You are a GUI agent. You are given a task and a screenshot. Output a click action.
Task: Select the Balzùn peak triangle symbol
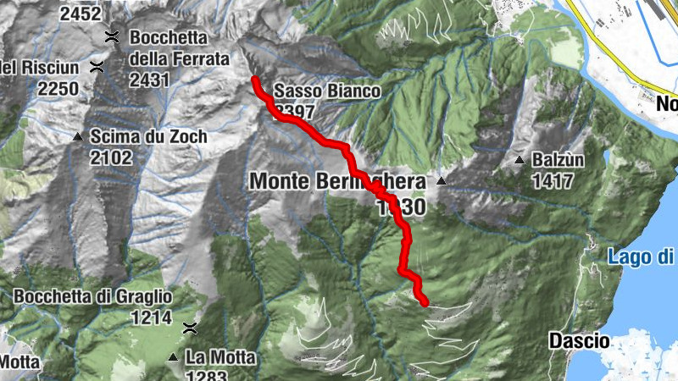tap(520, 159)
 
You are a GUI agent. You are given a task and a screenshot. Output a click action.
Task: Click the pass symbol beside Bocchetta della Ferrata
tap(110, 36)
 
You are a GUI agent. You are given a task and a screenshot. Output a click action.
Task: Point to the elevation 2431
tap(151, 80)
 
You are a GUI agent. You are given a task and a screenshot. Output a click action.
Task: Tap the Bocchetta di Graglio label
tap(93, 297)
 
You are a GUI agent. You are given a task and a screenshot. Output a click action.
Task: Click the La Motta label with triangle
tap(220, 358)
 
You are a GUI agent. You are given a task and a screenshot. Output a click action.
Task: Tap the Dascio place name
tap(579, 341)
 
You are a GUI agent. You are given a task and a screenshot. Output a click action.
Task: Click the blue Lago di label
tap(642, 257)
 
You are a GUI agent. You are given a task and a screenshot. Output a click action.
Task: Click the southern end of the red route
tap(424, 301)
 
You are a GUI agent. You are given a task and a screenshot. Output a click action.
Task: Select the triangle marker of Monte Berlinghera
tap(441, 181)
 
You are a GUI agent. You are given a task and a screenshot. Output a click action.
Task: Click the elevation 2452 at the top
tap(81, 13)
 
